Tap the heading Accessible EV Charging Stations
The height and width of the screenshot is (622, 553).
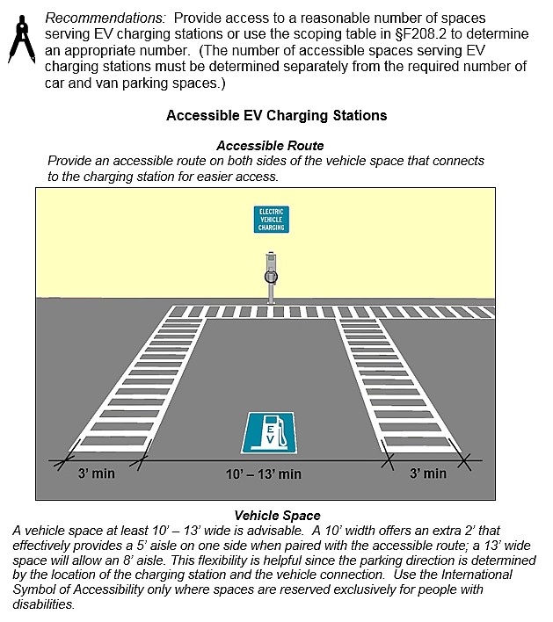[x=276, y=115]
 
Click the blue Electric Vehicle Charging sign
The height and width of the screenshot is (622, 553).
[x=271, y=220]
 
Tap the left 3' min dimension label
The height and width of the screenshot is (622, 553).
[x=97, y=474]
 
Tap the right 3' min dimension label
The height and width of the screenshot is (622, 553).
[x=427, y=474]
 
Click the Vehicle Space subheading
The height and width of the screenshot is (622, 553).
[x=276, y=516]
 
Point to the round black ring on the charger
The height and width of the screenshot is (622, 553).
[x=272, y=276]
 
